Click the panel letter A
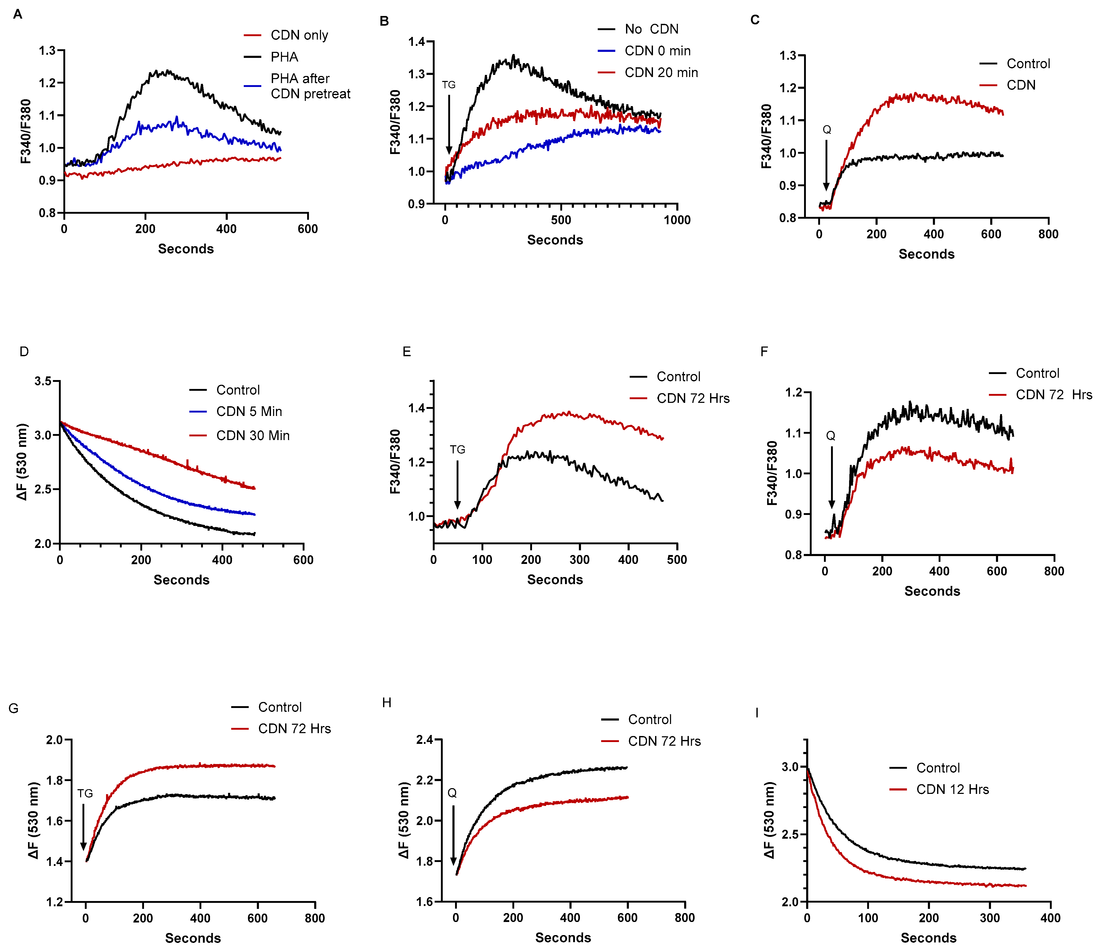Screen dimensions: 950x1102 click(18, 14)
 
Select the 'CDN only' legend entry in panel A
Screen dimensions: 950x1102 click(299, 35)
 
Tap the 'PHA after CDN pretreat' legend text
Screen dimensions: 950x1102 click(310, 86)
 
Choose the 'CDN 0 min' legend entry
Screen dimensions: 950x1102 click(657, 51)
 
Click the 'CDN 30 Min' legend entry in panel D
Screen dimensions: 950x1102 click(253, 436)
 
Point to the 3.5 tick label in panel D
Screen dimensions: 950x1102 click(43, 381)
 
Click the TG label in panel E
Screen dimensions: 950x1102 click(457, 450)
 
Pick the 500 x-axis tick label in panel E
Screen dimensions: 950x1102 click(677, 559)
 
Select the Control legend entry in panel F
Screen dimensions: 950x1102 click(1037, 373)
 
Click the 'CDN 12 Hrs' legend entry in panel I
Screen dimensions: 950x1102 click(952, 789)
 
